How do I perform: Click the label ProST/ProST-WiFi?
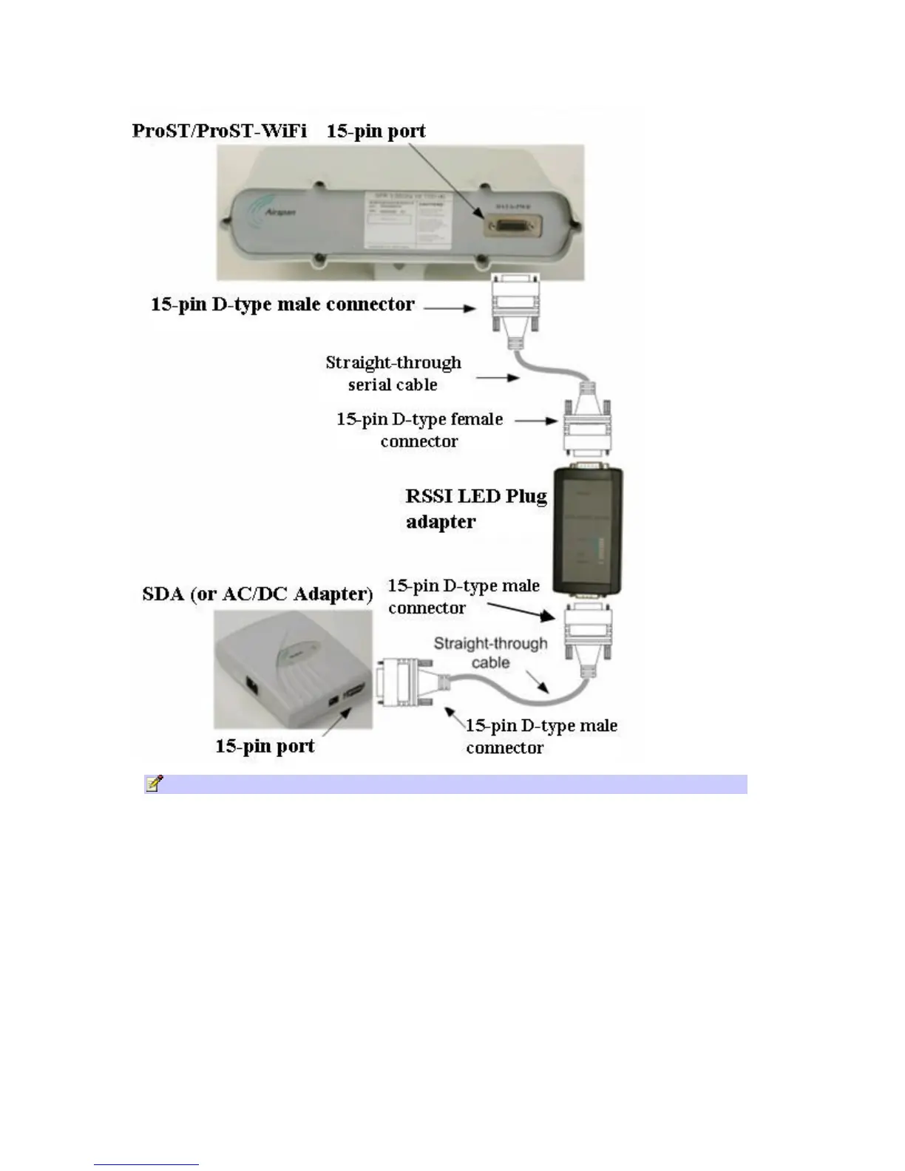[x=219, y=131]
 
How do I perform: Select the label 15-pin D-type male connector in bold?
[x=282, y=305]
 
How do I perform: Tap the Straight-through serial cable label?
[x=393, y=373]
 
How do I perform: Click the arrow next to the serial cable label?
[x=498, y=378]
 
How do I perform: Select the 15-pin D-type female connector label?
[x=419, y=430]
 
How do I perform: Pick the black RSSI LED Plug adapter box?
[x=589, y=530]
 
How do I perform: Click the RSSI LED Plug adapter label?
[x=475, y=509]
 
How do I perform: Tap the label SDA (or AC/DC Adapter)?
[x=257, y=594]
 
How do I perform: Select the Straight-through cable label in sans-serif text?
[x=490, y=653]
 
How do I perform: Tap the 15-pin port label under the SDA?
[x=265, y=746]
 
